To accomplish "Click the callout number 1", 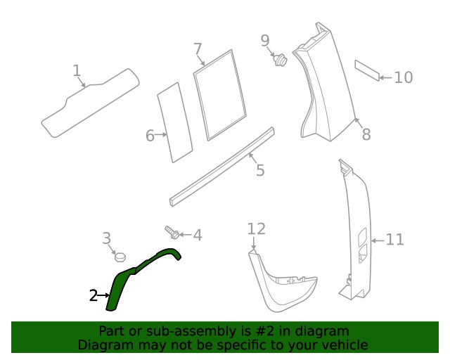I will click(77, 70).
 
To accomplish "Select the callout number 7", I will click(198, 49).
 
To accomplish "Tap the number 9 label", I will click(265, 41).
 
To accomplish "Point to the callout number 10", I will click(403, 77).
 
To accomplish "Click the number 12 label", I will click(257, 229).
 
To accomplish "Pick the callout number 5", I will click(259, 170).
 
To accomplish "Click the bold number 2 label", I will click(93, 296).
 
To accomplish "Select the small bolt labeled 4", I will click(172, 231).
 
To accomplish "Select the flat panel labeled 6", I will click(174, 123).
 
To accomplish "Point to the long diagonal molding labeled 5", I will click(221, 167).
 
